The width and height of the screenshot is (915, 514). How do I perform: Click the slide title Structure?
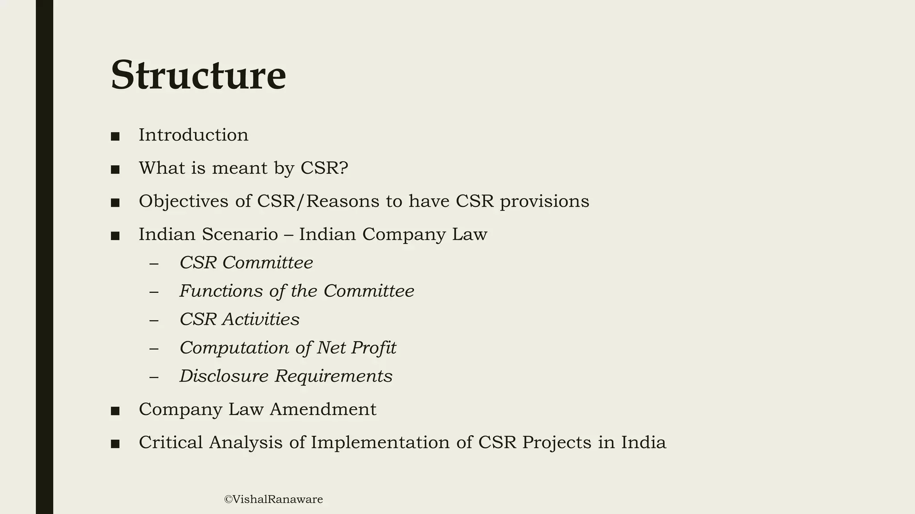[x=198, y=75]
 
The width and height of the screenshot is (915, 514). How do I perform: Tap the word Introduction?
[x=193, y=135]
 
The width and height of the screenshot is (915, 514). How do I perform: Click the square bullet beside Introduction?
[x=115, y=137]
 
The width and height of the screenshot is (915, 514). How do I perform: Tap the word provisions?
[x=544, y=202]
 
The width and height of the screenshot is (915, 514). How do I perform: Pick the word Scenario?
[x=240, y=235]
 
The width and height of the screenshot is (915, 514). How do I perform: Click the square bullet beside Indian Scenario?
[x=115, y=236]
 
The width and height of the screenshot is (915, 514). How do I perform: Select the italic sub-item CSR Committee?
[x=246, y=263]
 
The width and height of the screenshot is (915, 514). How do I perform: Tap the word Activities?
[x=261, y=319]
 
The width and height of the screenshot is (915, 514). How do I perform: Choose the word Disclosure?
[x=224, y=376]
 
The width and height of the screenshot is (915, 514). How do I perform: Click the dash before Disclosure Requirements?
[x=154, y=377]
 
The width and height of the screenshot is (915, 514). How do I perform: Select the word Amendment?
[x=323, y=410]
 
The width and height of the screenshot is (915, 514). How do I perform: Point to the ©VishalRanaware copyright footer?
[x=273, y=499]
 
